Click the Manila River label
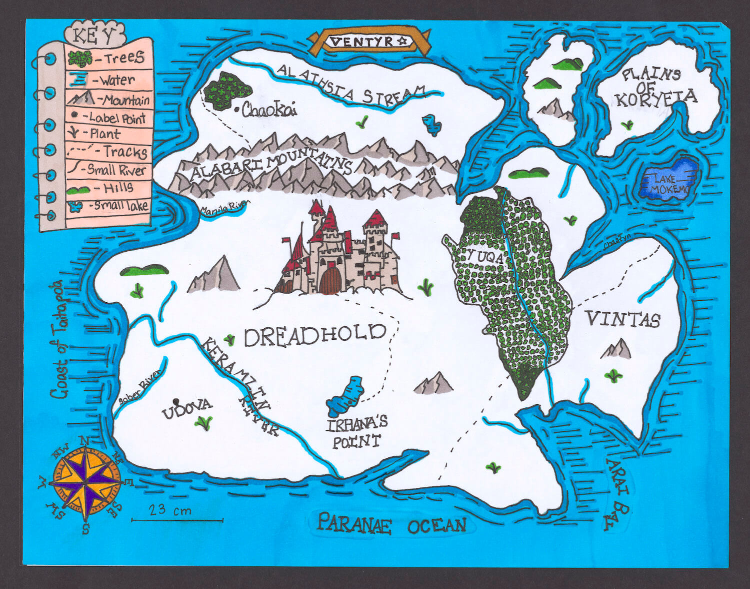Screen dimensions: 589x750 223,207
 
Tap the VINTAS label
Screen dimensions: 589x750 623,319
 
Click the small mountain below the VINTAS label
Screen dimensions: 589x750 616,349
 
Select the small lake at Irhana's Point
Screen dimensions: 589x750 345,395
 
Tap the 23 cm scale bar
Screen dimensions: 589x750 177,520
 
